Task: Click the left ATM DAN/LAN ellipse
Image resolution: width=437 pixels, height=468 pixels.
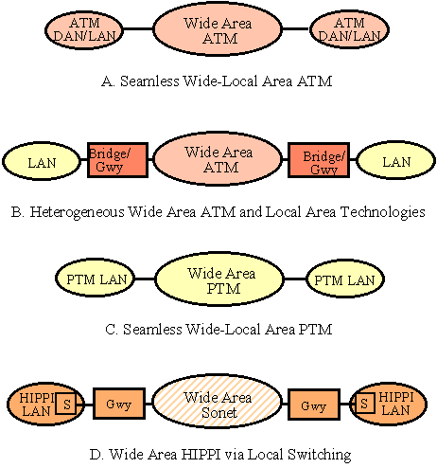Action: pyautogui.click(x=84, y=29)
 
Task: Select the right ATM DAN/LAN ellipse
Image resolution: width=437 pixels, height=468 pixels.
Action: pyautogui.click(x=349, y=29)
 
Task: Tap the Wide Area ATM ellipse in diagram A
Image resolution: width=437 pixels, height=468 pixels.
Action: pyautogui.click(x=218, y=28)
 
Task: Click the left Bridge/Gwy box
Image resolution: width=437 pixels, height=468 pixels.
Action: pyautogui.click(x=117, y=160)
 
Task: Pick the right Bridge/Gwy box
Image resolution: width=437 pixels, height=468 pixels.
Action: pyautogui.click(x=319, y=160)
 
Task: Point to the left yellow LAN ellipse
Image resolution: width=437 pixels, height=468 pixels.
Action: pyautogui.click(x=42, y=161)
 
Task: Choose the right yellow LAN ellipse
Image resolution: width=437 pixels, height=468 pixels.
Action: pyautogui.click(x=396, y=161)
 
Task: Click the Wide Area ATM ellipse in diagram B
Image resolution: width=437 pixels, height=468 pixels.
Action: pyautogui.click(x=218, y=158)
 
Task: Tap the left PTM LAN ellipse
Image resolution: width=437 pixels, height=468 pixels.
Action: pyautogui.click(x=96, y=279)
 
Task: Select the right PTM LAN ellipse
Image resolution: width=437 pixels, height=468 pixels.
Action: pyautogui.click(x=345, y=279)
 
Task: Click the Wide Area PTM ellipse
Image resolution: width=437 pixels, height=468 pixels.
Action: pyautogui.click(x=219, y=279)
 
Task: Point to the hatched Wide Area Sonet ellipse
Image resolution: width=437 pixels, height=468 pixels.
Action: pyautogui.click(x=218, y=401)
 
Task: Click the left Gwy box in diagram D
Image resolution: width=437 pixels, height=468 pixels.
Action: pyautogui.click(x=119, y=404)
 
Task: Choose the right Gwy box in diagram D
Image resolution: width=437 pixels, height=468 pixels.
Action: pyautogui.click(x=314, y=405)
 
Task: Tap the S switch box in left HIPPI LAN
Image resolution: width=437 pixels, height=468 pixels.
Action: pyautogui.click(x=66, y=404)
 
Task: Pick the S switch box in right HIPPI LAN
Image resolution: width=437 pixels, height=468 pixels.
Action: pyautogui.click(x=364, y=403)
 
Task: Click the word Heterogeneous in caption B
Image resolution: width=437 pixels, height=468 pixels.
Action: pyautogui.click(x=78, y=212)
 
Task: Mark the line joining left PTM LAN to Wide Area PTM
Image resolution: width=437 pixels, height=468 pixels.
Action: pyautogui.click(x=145, y=279)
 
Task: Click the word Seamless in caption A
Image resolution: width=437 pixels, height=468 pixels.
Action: pyautogui.click(x=149, y=81)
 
